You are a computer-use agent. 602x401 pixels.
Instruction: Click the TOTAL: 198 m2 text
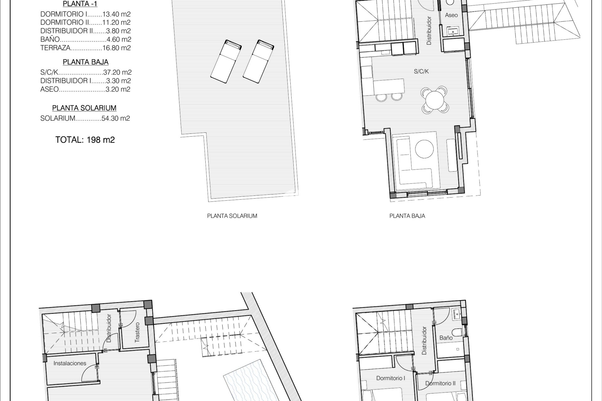click(x=85, y=140)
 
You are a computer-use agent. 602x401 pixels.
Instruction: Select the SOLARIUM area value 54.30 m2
click(x=116, y=118)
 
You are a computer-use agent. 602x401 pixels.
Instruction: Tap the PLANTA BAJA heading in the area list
click(x=86, y=62)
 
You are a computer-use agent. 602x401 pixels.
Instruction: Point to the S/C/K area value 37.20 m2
click(x=117, y=72)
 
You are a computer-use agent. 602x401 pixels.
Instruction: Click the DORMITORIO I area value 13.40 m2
click(x=117, y=14)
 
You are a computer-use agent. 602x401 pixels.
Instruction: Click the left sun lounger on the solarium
click(x=226, y=61)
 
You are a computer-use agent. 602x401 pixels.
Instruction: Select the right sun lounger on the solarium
click(x=259, y=61)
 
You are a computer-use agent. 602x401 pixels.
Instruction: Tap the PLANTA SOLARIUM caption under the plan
click(x=232, y=216)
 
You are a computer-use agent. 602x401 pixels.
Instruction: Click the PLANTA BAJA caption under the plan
click(x=407, y=216)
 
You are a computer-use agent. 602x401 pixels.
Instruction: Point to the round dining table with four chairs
click(x=435, y=99)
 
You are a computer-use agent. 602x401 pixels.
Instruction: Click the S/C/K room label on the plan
click(x=421, y=71)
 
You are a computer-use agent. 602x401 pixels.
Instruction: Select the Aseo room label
click(x=451, y=15)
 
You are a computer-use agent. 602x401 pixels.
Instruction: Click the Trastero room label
click(x=137, y=332)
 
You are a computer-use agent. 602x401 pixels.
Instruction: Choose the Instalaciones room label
click(x=70, y=363)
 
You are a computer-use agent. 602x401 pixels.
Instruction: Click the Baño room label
click(x=446, y=338)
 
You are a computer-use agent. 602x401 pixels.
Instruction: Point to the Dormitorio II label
click(x=440, y=383)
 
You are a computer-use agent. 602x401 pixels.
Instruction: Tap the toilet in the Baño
click(x=457, y=332)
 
